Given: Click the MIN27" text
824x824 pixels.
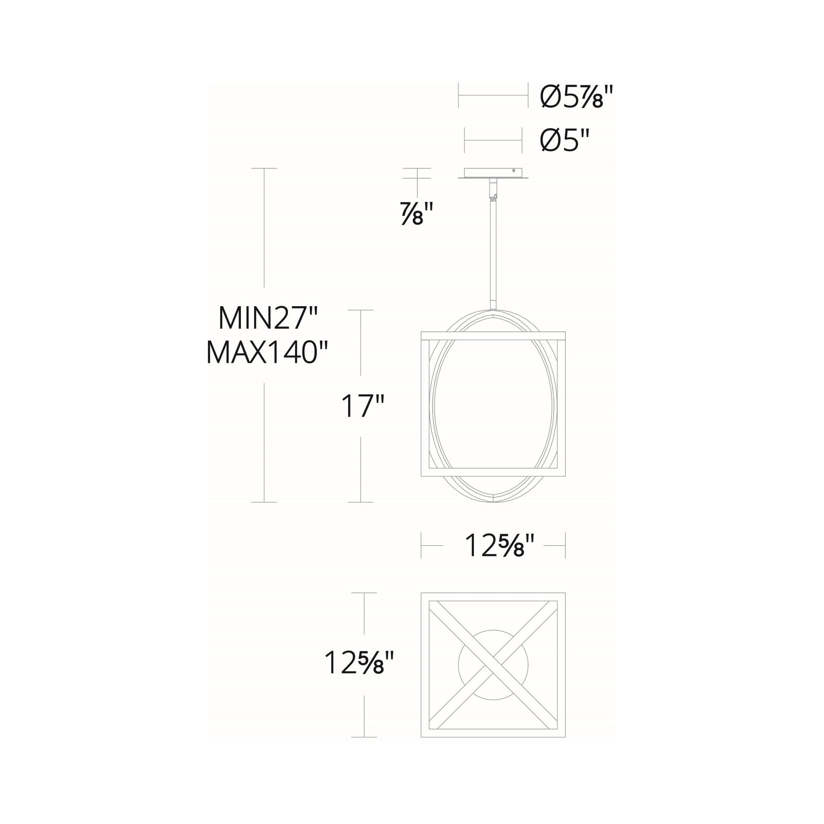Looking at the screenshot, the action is click(268, 318).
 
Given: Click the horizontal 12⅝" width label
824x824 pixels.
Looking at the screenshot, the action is click(499, 545).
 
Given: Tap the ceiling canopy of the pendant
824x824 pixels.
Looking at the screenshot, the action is click(493, 173).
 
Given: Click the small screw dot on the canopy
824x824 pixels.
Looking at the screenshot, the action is click(514, 171).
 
